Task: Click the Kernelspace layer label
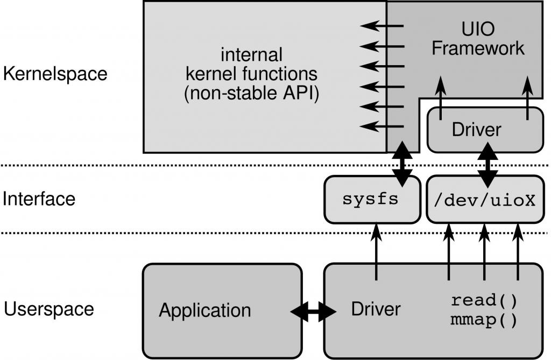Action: click(x=55, y=74)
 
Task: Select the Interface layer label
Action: click(x=39, y=199)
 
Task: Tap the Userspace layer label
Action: click(x=49, y=309)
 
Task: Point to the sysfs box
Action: click(x=371, y=200)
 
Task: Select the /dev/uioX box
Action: click(x=485, y=200)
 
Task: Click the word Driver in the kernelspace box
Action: click(x=476, y=130)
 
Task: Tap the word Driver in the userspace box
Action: click(x=376, y=309)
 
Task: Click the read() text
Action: click(x=483, y=300)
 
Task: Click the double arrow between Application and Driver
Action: click(x=313, y=311)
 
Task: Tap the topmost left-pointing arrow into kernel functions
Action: click(x=382, y=26)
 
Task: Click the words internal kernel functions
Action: click(x=252, y=63)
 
